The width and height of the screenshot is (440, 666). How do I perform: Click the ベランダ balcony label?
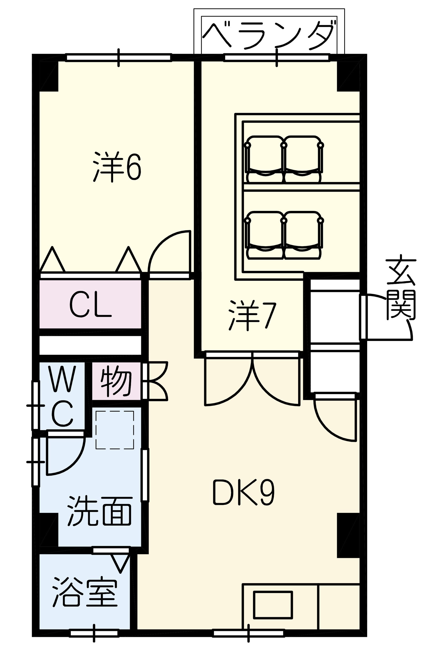tap(268, 35)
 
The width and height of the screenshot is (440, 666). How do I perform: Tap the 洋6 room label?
tap(117, 167)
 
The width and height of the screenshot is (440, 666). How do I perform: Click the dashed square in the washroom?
tap(115, 430)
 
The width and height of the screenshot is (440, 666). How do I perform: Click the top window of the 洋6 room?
tap(119, 58)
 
